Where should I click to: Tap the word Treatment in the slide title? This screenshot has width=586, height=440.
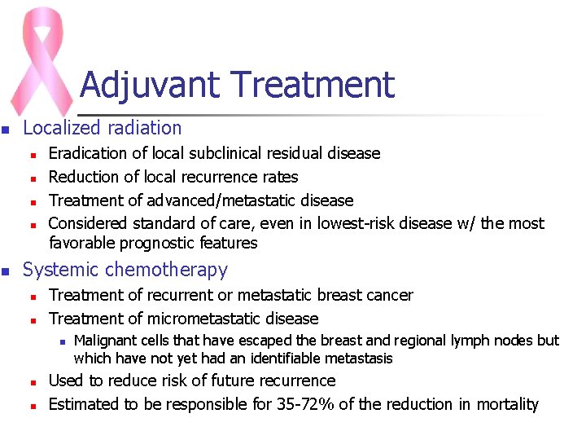(x=313, y=85)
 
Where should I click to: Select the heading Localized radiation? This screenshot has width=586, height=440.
(x=103, y=128)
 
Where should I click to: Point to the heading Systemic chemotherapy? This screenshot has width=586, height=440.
(x=125, y=270)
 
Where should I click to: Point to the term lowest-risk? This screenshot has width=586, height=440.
(x=354, y=223)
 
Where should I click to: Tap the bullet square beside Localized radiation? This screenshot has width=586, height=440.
(x=6, y=130)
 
